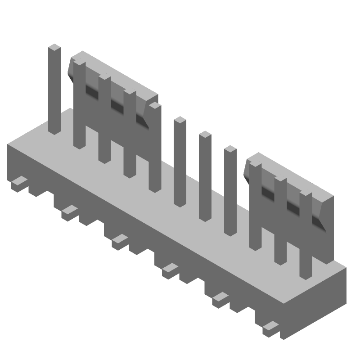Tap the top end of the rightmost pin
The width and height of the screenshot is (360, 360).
(306, 194)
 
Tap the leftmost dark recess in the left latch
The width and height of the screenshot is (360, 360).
(92, 92)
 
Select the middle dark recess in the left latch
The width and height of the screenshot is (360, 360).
(117, 106)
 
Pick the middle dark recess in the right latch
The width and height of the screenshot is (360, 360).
(293, 207)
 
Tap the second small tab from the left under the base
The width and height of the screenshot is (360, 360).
(70, 210)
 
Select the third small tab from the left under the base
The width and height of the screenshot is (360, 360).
(120, 238)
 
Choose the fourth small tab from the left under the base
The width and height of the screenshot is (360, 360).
(171, 268)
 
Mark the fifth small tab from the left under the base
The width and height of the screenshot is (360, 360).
(221, 297)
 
